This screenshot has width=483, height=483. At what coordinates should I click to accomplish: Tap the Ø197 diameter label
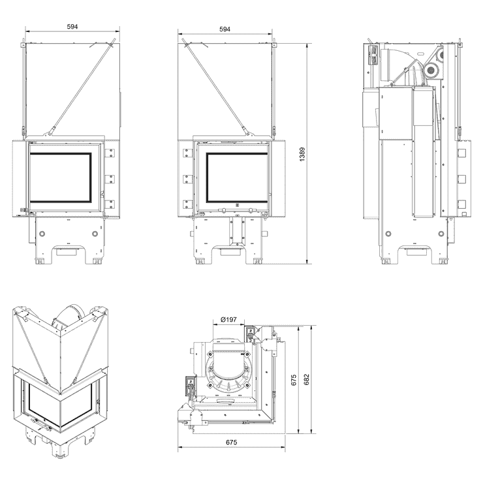click(228, 319)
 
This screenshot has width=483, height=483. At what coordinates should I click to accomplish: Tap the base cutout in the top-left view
click(68, 249)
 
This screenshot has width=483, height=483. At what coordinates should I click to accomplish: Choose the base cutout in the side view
click(413, 249)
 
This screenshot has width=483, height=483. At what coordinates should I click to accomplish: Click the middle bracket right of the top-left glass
click(110, 177)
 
